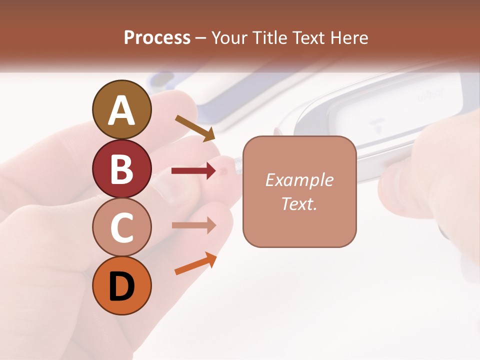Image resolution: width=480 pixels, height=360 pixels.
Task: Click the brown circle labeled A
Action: (x=121, y=109)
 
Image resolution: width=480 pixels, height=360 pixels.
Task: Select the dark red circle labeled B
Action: (x=121, y=168)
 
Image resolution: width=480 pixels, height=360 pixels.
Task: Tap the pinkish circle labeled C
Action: (x=121, y=227)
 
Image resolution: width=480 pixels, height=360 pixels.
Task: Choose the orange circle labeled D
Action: (x=121, y=285)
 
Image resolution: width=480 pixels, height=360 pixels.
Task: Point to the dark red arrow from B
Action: (x=193, y=171)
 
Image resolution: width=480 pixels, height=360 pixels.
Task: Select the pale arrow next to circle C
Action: (x=193, y=225)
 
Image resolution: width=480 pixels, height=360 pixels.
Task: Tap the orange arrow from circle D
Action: (x=195, y=264)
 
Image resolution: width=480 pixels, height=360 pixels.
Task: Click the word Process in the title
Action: (x=157, y=38)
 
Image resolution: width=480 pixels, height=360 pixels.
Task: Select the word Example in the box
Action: (x=299, y=180)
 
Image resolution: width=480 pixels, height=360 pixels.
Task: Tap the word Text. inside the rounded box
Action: (x=299, y=203)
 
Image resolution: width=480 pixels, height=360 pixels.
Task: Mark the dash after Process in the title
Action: (x=201, y=38)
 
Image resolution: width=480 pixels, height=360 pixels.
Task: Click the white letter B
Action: (x=121, y=168)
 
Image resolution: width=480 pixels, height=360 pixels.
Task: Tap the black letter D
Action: (x=121, y=286)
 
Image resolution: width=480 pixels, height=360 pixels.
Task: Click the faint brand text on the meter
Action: (x=428, y=96)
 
